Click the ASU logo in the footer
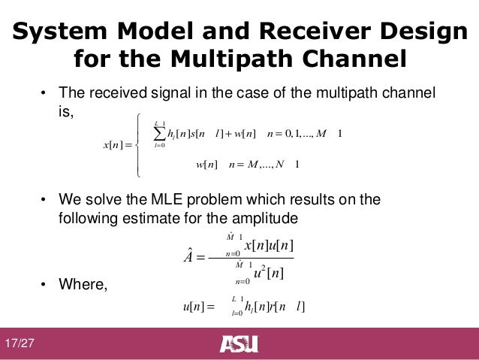(x=239, y=344)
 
